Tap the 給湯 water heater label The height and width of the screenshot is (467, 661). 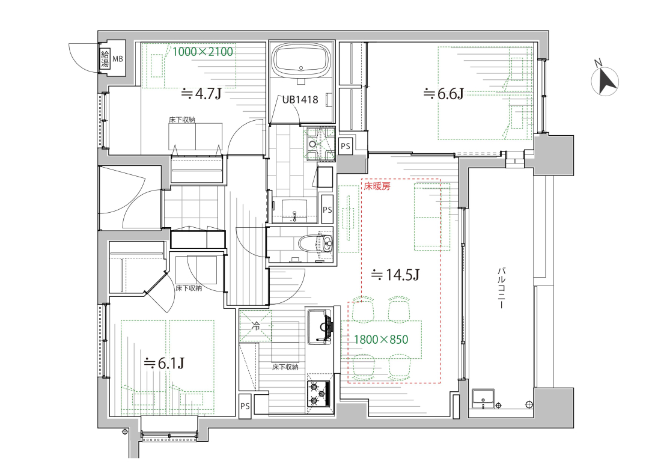click(105, 59)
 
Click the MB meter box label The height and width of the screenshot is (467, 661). click(118, 59)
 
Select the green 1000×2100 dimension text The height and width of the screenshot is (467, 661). click(203, 52)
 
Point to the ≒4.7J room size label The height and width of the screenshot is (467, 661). click(201, 94)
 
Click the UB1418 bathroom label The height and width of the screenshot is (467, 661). click(300, 100)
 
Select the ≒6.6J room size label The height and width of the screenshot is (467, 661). click(443, 94)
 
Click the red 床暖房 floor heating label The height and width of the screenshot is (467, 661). click(377, 186)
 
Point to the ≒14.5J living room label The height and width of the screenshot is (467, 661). click(395, 275)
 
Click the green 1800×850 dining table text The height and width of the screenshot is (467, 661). click(381, 340)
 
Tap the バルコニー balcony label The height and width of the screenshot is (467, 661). click(502, 288)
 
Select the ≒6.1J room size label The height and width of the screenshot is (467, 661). click(165, 363)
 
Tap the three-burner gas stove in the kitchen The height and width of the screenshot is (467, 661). click(319, 394)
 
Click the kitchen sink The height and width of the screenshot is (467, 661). click(320, 326)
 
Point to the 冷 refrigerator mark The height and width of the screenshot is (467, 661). click(255, 325)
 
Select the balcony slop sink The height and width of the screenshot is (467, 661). click(483, 398)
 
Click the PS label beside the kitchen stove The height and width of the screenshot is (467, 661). click(245, 406)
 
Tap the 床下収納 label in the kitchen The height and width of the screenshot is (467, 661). click(285, 367)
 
